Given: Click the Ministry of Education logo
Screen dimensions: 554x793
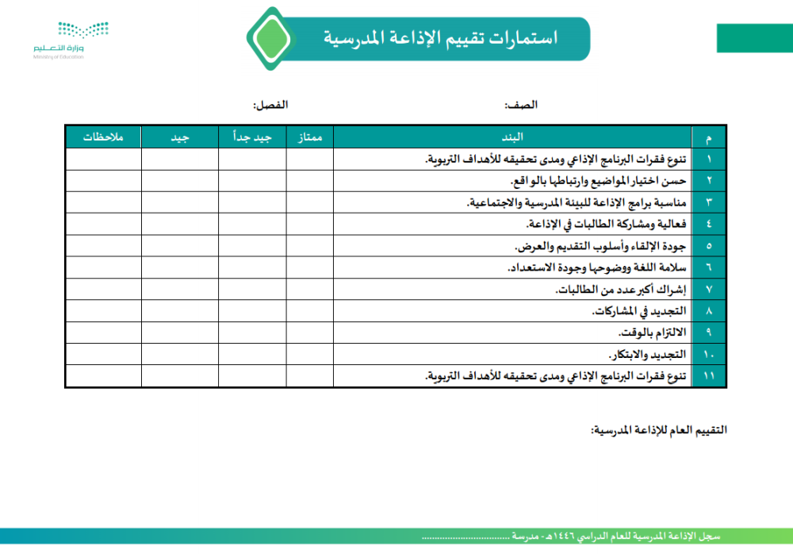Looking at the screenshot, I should click(x=71, y=39).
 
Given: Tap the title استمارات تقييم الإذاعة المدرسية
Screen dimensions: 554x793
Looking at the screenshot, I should click(x=441, y=38).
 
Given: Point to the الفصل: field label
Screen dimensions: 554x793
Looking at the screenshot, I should click(x=270, y=105).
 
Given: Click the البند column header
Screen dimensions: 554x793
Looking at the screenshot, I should click(x=512, y=137).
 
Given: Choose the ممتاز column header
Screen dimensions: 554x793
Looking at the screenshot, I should click(x=309, y=137).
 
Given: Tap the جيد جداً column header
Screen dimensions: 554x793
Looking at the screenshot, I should click(x=252, y=137).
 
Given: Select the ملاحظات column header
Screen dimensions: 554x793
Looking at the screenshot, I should click(x=103, y=137).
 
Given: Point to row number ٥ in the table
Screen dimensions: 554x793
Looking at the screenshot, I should click(x=709, y=245).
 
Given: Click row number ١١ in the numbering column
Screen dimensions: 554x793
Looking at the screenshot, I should click(x=709, y=375).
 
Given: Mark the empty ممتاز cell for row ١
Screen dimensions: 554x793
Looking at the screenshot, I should click(x=309, y=160).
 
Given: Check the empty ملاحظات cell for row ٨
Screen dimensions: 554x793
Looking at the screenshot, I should click(x=103, y=310).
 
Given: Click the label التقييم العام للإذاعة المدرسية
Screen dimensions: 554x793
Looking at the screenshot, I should click(x=658, y=430).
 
